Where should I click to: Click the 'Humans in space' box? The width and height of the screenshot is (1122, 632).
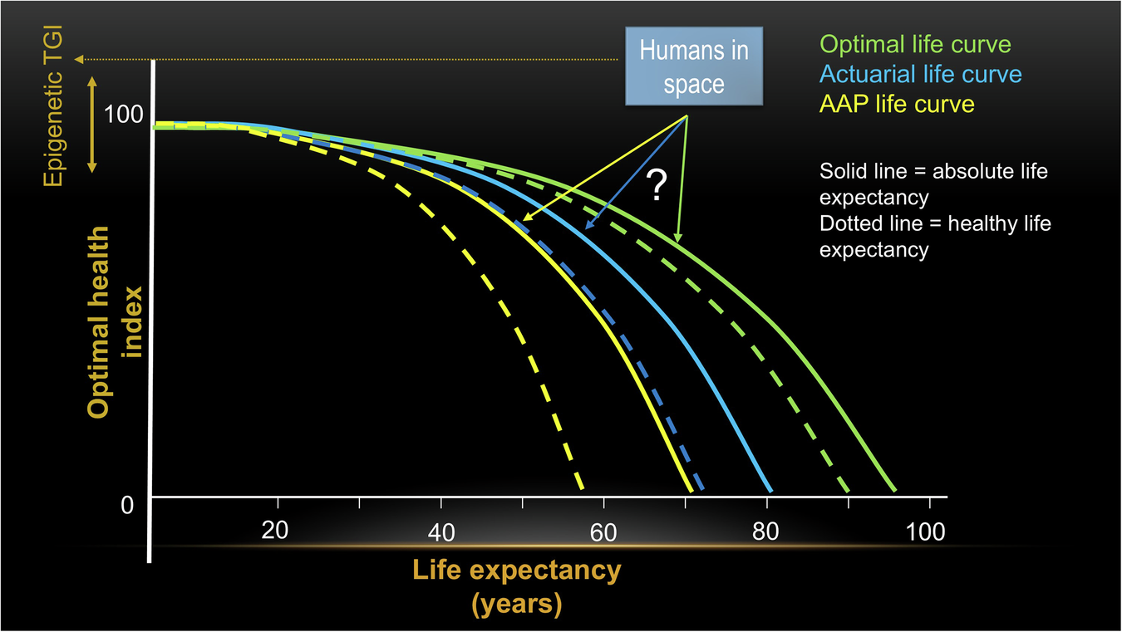(694, 67)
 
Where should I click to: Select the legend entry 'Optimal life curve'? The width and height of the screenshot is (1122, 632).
(915, 45)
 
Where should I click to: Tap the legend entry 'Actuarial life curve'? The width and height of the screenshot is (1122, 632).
(920, 75)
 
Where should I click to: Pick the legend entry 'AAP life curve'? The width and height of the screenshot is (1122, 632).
(897, 104)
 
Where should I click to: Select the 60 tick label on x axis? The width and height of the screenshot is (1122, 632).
(603, 533)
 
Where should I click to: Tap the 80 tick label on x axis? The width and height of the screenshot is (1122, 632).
(765, 532)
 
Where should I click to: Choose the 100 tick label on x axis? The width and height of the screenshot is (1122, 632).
(926, 531)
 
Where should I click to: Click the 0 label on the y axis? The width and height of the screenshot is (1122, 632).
(127, 504)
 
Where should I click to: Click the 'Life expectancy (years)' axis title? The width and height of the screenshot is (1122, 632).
(516, 587)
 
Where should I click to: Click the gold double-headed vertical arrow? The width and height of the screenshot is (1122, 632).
(92, 124)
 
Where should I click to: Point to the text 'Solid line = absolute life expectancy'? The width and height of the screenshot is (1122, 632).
(933, 184)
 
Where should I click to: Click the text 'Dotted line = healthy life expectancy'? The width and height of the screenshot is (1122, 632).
(935, 236)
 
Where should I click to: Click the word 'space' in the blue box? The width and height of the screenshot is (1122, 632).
(694, 84)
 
